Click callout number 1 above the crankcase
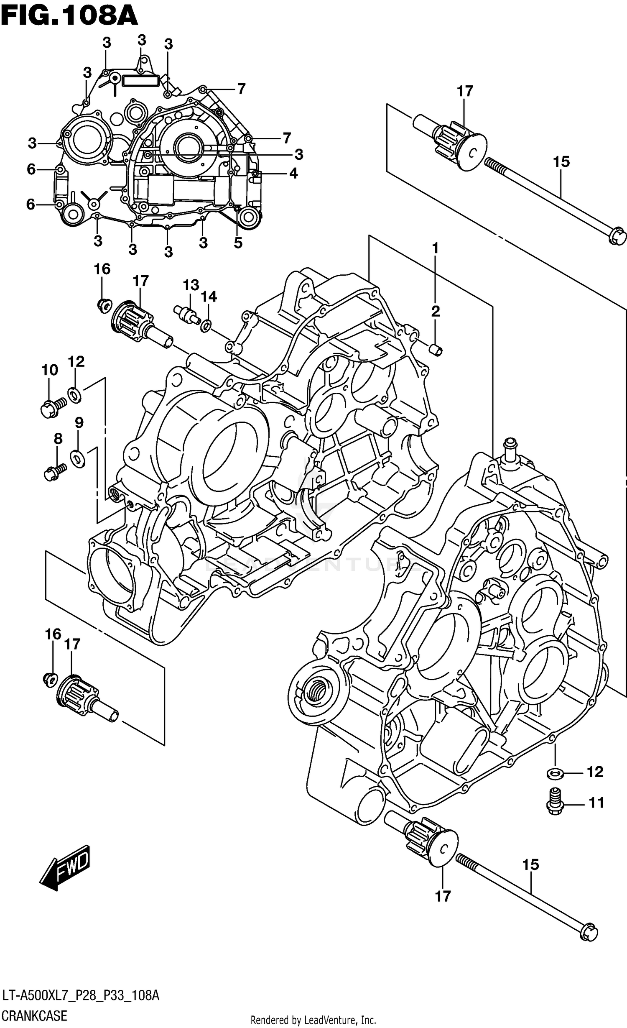435,248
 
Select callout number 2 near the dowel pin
435,311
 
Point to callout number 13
191,285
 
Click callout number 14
209,297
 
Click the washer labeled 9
78,459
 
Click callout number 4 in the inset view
293,173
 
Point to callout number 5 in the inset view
238,243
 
